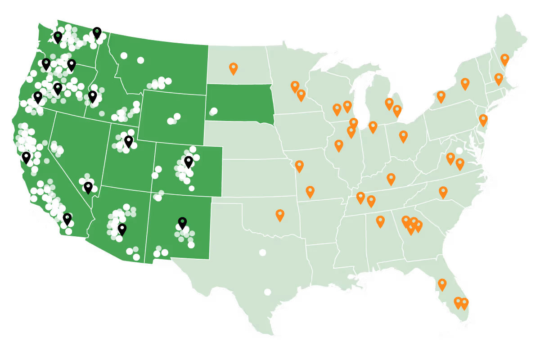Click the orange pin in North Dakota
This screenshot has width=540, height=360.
tap(233, 68)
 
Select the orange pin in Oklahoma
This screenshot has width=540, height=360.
tap(280, 215)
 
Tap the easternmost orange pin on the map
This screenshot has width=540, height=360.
tap(504, 59)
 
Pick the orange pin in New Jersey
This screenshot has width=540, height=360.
tap(483, 120)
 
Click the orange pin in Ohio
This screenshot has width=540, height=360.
tap(403, 136)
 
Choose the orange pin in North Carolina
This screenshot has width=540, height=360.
tap(443, 192)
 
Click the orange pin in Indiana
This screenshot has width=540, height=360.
tap(373, 127)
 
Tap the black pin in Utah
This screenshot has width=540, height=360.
tap(129, 141)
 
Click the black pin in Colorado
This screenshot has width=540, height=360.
tap(189, 162)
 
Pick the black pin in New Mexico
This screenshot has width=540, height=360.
tap(182, 223)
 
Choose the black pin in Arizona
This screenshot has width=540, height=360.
tap(122, 229)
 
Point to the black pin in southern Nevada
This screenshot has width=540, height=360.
tap(88, 187)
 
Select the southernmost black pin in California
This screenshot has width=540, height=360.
tap(67, 219)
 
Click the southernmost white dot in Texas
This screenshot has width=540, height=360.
tap(267, 292)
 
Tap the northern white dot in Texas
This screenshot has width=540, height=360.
tap(262, 252)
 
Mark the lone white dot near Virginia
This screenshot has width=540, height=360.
tap(459, 151)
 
